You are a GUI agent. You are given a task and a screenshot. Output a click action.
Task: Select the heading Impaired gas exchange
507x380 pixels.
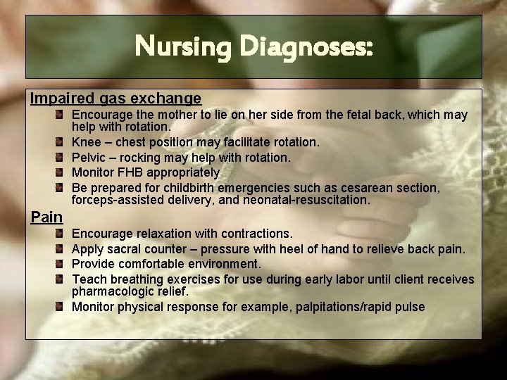coord(115,99)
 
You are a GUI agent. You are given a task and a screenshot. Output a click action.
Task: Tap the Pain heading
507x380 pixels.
coord(46,217)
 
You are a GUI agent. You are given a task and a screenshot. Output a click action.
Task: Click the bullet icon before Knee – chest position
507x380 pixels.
coord(63,142)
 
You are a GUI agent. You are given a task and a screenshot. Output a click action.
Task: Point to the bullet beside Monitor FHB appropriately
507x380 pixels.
coord(63,172)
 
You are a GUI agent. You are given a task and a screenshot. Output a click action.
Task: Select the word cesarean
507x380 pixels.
coord(374,188)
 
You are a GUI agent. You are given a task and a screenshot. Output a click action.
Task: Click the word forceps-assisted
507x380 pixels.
coord(119,200)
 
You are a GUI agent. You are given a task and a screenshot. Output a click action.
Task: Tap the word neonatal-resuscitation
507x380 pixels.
coord(306,200)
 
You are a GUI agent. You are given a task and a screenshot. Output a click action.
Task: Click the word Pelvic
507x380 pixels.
coord(89,158)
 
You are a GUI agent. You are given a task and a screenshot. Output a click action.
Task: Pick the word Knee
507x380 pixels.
coord(87,142)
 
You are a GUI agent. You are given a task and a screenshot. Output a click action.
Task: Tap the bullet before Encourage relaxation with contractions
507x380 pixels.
coord(63,233)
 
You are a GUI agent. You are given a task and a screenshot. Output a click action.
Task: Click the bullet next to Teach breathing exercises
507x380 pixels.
coord(63,279)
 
